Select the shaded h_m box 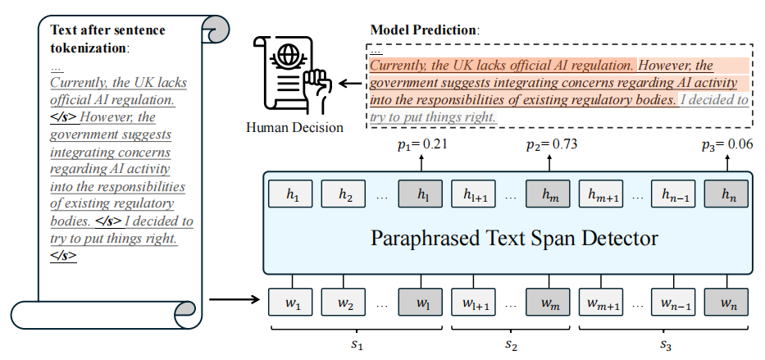click(x=548, y=194)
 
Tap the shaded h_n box click(x=726, y=194)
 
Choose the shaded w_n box click(x=726, y=302)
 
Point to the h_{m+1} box click(x=600, y=194)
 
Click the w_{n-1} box click(x=673, y=302)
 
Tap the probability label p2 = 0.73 click(x=551, y=144)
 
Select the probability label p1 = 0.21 click(x=422, y=144)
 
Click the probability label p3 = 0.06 click(x=726, y=144)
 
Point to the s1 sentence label click(x=357, y=344)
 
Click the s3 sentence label click(x=666, y=344)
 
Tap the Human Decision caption click(x=294, y=128)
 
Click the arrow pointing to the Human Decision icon click(x=350, y=84)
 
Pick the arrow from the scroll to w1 click(x=235, y=299)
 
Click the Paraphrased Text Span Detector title click(x=515, y=239)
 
